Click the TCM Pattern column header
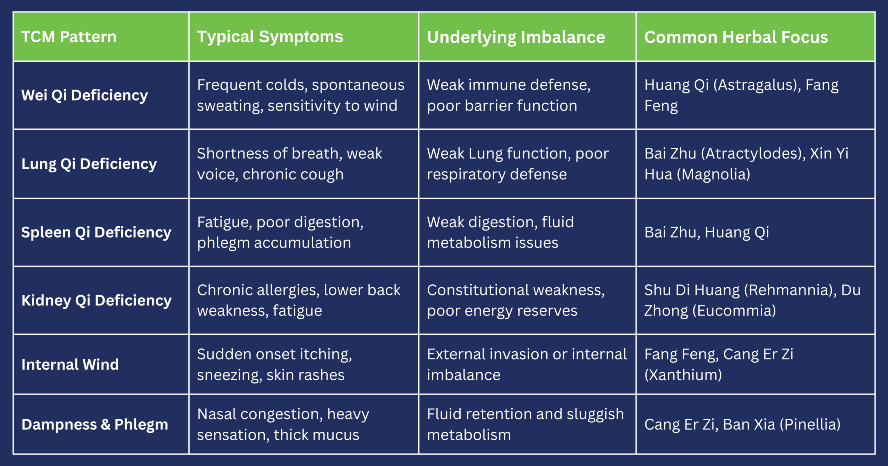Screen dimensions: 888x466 69,37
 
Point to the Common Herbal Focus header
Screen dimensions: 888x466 736,37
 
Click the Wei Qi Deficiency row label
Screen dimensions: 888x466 84,95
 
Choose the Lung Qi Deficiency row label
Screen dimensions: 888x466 89,164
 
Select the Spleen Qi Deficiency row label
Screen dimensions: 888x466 96,232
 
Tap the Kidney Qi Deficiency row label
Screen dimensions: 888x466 96,301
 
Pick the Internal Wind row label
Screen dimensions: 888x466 70,364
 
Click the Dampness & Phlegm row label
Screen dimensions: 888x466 94,425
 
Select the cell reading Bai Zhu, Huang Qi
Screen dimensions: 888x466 706,232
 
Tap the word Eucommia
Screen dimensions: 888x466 734,311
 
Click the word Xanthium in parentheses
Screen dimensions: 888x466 683,375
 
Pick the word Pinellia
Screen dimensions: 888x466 810,425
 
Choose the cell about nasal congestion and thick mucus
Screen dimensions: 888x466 283,424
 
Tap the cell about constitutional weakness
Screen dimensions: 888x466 516,300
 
